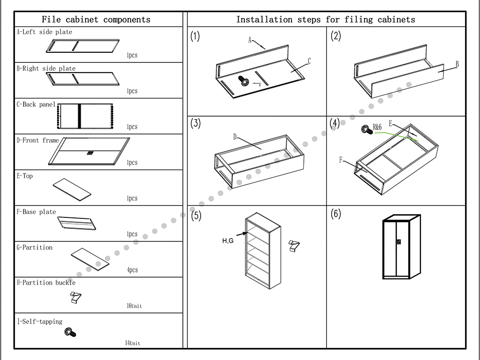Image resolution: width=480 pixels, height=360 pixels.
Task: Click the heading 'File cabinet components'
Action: coord(96,20)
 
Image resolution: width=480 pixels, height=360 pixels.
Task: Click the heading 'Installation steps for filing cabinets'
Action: coord(325,20)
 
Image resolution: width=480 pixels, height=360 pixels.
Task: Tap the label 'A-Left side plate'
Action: coord(45,32)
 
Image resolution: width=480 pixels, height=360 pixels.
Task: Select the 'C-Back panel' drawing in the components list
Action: coord(85,116)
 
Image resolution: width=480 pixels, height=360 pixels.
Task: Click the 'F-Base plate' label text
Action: coord(36,212)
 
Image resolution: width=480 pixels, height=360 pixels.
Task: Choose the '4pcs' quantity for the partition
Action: coord(132,270)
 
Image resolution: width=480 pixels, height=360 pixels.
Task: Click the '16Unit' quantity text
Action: coord(134,306)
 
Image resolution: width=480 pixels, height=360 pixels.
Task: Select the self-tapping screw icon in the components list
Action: coord(72,332)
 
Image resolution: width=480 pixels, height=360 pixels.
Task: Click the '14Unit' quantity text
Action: coord(132,343)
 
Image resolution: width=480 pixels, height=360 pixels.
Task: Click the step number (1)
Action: coord(195,37)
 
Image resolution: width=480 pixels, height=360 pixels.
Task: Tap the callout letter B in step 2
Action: coord(457,64)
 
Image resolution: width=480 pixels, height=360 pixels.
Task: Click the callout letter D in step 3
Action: coord(235,137)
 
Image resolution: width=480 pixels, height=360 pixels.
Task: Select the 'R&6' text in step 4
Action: coord(377,128)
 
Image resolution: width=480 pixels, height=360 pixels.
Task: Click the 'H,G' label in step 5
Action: coord(228,240)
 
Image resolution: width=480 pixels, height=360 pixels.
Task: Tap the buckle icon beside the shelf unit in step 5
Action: coord(293,245)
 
